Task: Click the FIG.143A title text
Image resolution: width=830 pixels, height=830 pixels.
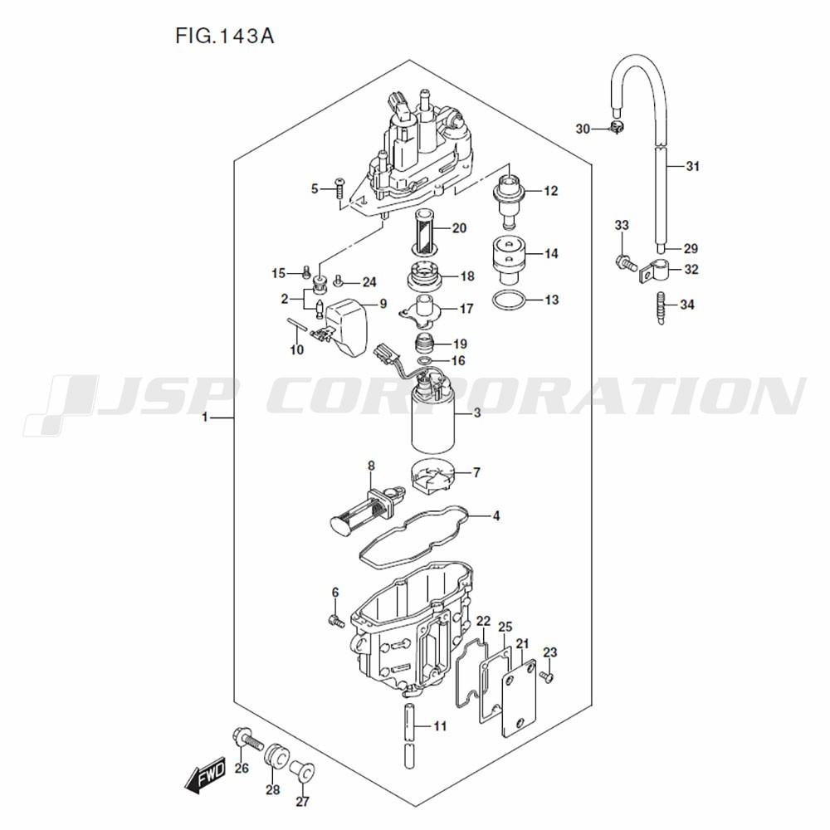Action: click(x=225, y=36)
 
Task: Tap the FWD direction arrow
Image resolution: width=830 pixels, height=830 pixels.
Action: click(x=205, y=774)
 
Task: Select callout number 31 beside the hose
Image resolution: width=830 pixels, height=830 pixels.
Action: click(x=693, y=166)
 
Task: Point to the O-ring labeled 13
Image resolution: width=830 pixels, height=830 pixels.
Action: click(x=510, y=300)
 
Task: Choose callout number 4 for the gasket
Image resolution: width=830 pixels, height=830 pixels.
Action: click(x=496, y=515)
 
